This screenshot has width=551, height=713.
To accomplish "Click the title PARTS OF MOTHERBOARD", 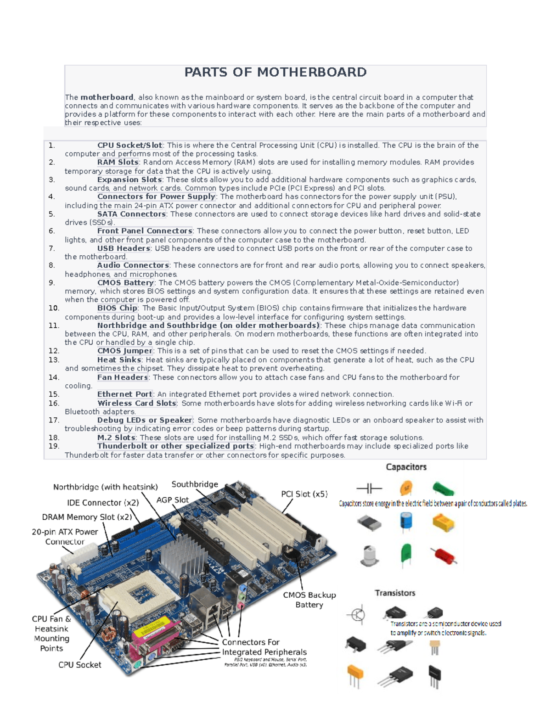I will [x=275, y=73].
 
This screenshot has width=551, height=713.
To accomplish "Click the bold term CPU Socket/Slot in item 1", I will [x=129, y=145].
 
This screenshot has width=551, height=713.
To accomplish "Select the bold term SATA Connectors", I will [x=131, y=214].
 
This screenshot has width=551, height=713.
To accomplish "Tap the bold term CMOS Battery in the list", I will [x=125, y=283].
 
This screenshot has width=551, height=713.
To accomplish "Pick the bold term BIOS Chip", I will [x=117, y=308].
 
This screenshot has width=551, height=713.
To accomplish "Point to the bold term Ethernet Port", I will [x=125, y=394].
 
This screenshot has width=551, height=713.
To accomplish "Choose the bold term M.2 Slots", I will [x=116, y=438].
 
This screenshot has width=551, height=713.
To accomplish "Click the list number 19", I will [x=54, y=446].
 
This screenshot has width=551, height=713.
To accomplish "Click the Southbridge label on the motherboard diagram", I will [x=195, y=484].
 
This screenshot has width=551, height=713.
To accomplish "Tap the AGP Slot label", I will [x=172, y=500].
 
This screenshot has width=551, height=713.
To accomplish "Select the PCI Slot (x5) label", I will [x=304, y=494].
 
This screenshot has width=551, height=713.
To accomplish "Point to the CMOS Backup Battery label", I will [x=309, y=600].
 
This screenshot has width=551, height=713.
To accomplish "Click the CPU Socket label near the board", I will [x=79, y=665].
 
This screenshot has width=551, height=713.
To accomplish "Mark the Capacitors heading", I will [x=406, y=467].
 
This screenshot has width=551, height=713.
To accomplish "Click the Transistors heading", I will [x=395, y=593].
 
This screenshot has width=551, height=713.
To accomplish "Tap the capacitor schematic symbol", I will [x=369, y=488].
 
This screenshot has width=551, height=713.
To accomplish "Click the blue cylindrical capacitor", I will [x=406, y=522].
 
